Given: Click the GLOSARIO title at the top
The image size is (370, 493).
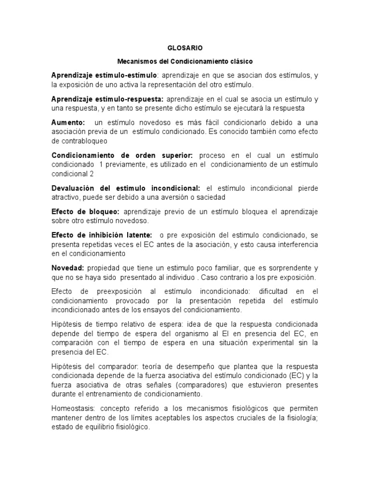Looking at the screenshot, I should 185,48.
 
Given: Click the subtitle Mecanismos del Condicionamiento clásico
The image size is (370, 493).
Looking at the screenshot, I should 185,62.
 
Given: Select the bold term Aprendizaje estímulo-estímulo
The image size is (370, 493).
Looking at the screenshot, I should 105,76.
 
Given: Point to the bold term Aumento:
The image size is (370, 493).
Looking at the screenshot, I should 68,123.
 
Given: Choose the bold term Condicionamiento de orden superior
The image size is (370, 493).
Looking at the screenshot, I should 122,156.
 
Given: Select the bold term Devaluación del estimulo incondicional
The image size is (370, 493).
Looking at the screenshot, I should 126,188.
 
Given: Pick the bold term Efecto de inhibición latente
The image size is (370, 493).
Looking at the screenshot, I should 102,235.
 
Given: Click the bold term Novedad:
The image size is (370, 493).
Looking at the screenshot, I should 68,268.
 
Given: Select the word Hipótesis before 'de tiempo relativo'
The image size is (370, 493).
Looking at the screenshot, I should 67,324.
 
